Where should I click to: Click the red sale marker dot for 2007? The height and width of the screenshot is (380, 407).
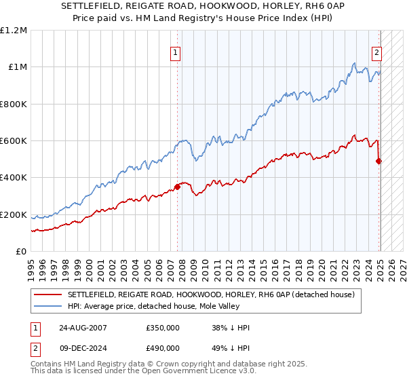tap(177, 187)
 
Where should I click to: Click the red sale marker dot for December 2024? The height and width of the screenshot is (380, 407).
tap(379, 161)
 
